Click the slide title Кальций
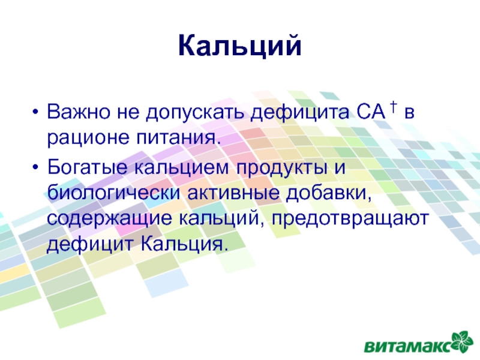239,46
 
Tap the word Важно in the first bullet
79,112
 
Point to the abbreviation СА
371,112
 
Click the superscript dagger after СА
394,106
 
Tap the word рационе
88,139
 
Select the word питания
178,139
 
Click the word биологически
113,193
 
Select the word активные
233,194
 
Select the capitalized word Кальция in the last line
185,245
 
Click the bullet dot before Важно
35,112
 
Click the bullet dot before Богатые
35,168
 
